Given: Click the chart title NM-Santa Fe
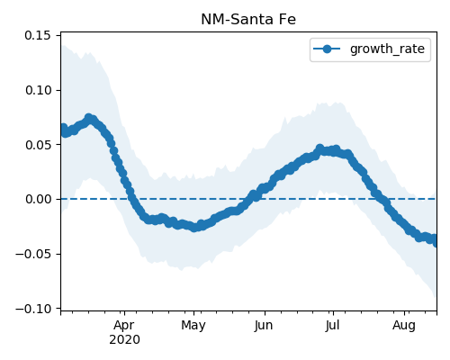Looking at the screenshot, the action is point(248,20).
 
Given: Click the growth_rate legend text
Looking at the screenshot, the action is point(387,49).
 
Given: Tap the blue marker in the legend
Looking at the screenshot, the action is point(327,49).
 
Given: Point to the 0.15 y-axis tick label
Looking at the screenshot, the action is point(38,35).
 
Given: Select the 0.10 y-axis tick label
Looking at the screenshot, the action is point(38,90).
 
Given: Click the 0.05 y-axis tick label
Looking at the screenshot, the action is point(38,145).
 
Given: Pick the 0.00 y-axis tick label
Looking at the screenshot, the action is point(38,199).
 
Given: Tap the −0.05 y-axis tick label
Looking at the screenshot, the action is point(33,254).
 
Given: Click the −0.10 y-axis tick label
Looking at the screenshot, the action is point(33,309).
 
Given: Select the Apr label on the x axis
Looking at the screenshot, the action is point(124,326).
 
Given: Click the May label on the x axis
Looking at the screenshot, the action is point(193,326).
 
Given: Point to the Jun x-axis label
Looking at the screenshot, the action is point(264,326).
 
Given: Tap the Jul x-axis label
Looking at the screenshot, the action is point(332,326).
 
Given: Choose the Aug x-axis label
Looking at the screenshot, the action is point(404,326).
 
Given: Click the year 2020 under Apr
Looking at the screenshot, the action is point(124,340).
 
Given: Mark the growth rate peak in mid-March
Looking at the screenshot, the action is point(88,118).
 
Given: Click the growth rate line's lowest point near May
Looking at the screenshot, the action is point(194,228).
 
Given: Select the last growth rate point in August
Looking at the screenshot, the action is point(436,242).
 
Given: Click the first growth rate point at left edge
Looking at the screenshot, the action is point(63,128).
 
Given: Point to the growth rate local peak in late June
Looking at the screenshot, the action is point(319,148).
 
